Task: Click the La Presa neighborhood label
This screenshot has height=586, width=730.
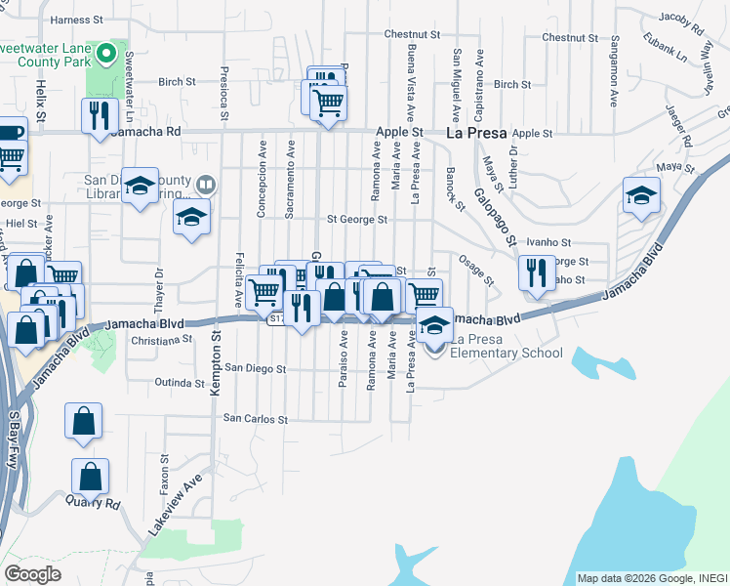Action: pyautogui.click(x=474, y=132)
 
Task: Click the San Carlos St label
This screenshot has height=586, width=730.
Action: pyautogui.click(x=256, y=419)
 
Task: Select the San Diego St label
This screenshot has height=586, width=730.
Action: pyautogui.click(x=255, y=369)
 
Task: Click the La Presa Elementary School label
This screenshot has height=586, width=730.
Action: pyautogui.click(x=506, y=353)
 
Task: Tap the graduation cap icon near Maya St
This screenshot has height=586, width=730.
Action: pyautogui.click(x=641, y=196)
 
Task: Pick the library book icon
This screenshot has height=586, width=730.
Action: pyautogui.click(x=206, y=184)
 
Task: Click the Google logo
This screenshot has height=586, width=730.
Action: pyautogui.click(x=32, y=573)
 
